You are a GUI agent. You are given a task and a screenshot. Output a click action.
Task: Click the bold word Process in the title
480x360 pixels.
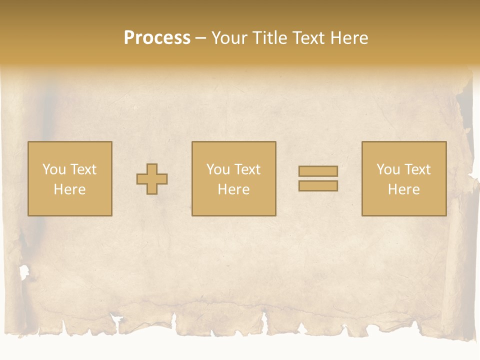point(157,38)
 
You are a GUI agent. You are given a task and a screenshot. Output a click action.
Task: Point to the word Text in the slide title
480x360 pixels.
point(309,38)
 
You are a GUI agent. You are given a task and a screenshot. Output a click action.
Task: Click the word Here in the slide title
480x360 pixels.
point(349,38)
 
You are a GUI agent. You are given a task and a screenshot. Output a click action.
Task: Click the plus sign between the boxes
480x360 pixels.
point(152,179)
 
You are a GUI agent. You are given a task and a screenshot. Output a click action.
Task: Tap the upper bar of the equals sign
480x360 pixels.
point(318,171)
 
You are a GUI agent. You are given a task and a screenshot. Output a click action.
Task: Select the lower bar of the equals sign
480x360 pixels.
point(318,186)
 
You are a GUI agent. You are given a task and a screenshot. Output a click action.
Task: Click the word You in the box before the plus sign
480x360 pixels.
point(54,169)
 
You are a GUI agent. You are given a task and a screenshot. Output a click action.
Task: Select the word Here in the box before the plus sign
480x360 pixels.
point(70,189)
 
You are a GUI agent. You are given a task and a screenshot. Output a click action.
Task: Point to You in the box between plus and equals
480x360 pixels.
point(218,169)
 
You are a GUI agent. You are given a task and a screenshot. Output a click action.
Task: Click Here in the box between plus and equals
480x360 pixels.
point(234,189)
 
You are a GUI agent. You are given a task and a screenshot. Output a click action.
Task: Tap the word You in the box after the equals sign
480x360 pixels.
point(388,169)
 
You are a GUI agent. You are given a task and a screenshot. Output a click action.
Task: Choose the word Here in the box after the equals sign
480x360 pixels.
point(404,189)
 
